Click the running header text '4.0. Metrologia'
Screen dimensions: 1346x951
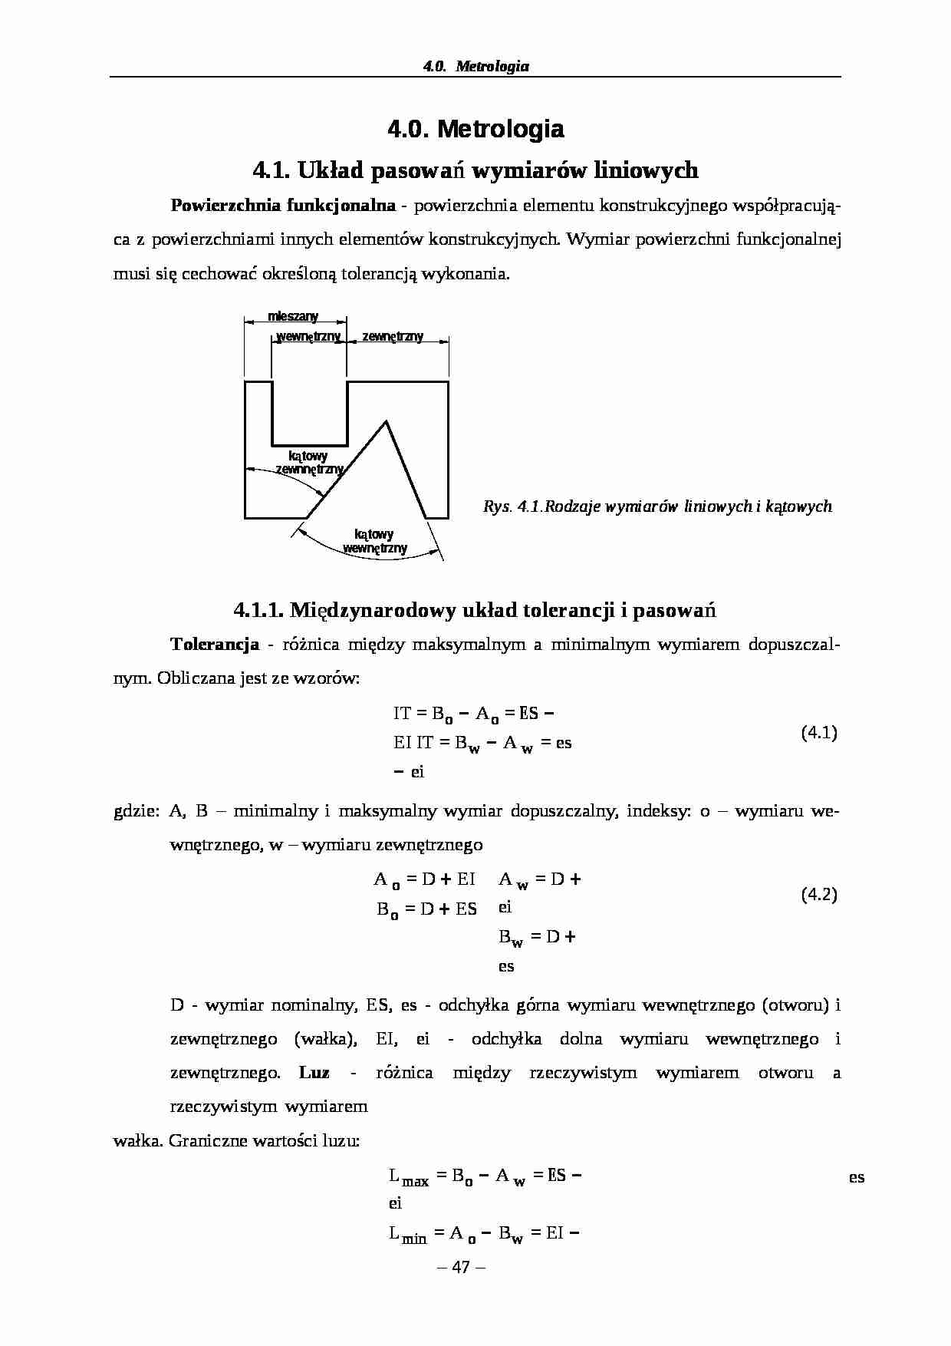(475, 66)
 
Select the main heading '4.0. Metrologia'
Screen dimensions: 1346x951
(475, 129)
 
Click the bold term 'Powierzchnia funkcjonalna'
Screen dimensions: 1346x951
(283, 205)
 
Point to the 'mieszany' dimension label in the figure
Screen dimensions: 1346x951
(293, 316)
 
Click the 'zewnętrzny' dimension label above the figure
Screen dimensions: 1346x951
(393, 336)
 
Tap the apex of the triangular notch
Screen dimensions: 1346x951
(386, 421)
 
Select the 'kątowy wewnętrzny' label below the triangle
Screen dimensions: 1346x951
(374, 541)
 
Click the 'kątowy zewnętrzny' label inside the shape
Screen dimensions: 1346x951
(308, 462)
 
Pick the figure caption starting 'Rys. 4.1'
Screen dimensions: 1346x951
(657, 506)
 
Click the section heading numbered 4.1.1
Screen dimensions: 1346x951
(475, 610)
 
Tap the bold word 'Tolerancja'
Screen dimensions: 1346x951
(215, 644)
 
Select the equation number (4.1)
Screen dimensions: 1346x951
(819, 733)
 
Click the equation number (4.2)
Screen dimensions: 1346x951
(819, 895)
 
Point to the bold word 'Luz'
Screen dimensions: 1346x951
(314, 1072)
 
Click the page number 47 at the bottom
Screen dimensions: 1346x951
(460, 1267)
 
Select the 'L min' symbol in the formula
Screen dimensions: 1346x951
(408, 1235)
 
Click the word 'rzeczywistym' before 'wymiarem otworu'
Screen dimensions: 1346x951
(583, 1072)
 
